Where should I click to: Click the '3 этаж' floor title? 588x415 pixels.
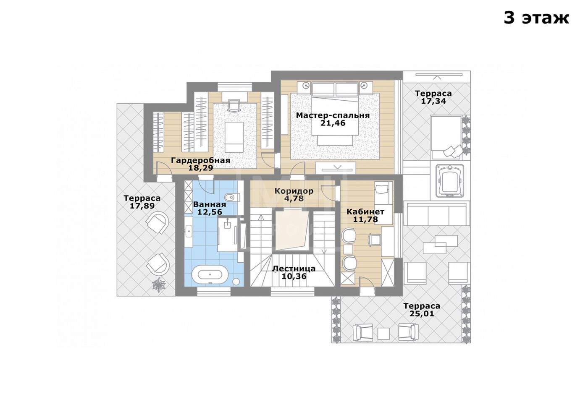tap(536, 18)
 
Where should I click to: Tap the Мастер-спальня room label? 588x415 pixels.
tap(333, 115)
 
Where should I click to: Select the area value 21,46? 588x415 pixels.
tap(333, 123)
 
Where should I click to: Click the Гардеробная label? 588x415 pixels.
tap(201, 160)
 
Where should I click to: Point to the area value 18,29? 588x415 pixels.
tap(201, 168)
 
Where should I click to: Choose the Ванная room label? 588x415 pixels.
tap(210, 204)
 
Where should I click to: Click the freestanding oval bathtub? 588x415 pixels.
tap(210, 274)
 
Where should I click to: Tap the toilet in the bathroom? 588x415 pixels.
tap(232, 197)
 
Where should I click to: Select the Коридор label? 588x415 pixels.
tap(294, 191)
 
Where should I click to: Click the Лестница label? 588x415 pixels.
tap(294, 269)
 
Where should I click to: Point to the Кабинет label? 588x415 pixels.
tap(365, 211)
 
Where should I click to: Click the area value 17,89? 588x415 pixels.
tap(142, 206)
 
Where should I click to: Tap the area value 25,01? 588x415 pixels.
tap(422, 313)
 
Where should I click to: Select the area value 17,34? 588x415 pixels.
tap(433, 101)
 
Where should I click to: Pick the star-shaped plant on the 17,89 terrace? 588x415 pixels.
tap(159, 284)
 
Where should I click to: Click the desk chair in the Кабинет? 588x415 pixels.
tap(375, 240)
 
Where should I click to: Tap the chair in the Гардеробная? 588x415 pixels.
tap(235, 106)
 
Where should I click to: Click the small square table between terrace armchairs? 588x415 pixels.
tap(383, 334)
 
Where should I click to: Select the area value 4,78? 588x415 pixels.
tap(294, 198)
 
